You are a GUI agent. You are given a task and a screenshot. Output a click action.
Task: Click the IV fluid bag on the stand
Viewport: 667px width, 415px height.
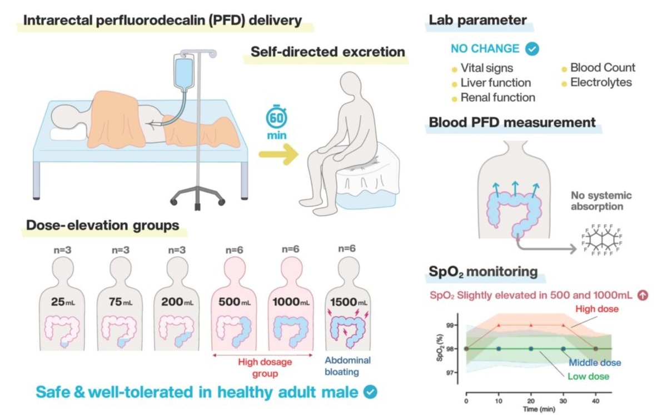[x=182, y=72]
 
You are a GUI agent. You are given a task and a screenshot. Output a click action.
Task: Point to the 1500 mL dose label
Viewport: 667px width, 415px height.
[x=349, y=302]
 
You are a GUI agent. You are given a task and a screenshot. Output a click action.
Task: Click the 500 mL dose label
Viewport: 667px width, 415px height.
[x=234, y=302]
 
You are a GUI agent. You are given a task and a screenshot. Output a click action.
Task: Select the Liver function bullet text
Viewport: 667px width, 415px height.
[x=495, y=83]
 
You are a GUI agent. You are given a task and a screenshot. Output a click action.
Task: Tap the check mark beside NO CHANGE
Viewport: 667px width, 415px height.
[x=532, y=49]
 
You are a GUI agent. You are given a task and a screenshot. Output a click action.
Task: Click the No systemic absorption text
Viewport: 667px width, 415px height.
[x=601, y=201]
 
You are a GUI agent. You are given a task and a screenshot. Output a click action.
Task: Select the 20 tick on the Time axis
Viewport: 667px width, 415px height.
[x=531, y=400]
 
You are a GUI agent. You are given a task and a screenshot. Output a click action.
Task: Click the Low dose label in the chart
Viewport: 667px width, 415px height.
[x=588, y=376]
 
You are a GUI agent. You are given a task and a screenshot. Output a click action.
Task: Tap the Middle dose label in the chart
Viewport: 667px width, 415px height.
[x=595, y=363]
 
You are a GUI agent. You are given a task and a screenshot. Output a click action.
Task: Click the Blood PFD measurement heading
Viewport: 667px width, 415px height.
[x=512, y=122]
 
